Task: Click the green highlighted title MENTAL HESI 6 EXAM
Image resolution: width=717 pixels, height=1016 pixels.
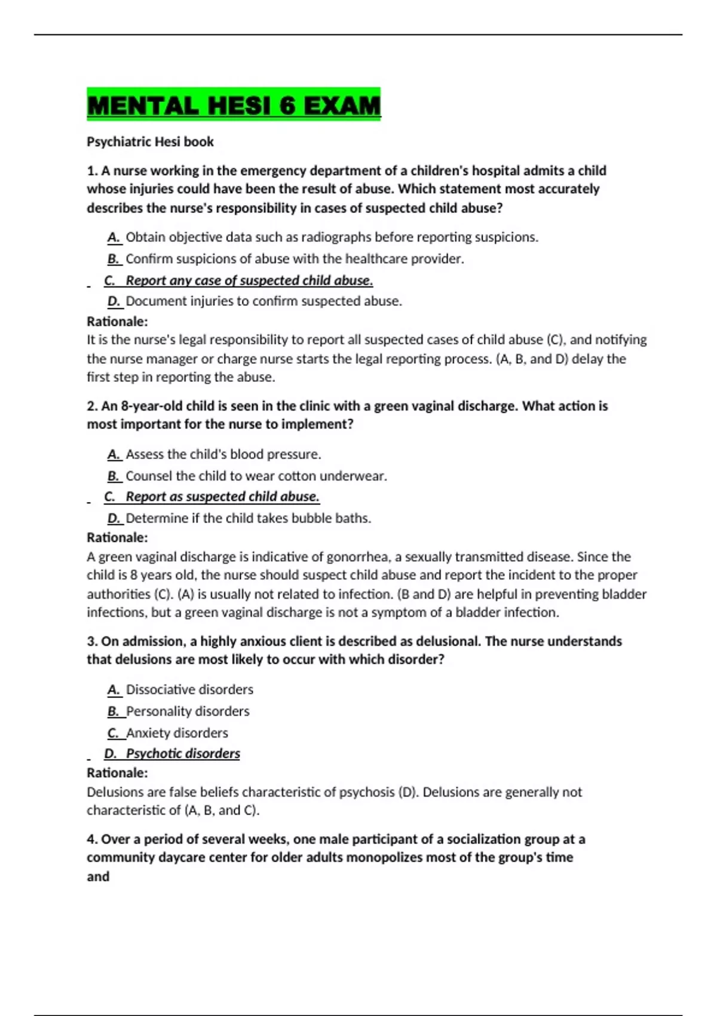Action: (x=234, y=105)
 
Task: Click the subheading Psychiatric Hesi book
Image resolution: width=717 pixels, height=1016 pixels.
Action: (x=150, y=142)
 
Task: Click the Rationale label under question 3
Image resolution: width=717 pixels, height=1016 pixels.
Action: (x=117, y=773)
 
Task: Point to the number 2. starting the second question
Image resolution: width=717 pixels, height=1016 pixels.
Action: (x=92, y=406)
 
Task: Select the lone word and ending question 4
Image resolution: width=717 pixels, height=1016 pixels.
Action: (x=98, y=877)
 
